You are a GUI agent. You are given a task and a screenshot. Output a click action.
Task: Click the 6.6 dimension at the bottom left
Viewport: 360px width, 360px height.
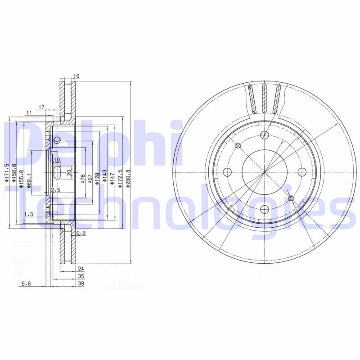pos(26,284)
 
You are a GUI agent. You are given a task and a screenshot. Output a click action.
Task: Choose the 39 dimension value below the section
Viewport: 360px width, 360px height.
pos(81,284)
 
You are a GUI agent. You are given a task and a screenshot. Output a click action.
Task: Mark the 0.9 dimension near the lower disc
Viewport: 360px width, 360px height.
pos(81,233)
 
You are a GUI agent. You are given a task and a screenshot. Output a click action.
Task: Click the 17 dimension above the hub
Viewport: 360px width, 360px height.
pos(41,107)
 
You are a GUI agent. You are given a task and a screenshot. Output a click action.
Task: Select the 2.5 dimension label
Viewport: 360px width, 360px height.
pos(56,190)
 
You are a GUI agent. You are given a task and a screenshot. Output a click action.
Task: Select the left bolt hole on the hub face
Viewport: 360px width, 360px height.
pos(227,172)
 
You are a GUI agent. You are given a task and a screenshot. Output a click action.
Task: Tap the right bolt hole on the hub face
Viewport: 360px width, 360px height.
pos(302,172)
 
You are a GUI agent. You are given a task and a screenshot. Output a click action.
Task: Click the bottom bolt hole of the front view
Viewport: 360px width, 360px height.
pos(265,209)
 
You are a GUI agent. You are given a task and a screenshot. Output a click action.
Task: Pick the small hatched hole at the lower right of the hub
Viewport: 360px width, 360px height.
pos(291,198)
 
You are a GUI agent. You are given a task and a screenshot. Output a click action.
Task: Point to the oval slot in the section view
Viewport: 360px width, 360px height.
pos(58,173)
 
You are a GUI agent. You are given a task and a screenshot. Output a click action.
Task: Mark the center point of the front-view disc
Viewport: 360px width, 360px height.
pos(265,172)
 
